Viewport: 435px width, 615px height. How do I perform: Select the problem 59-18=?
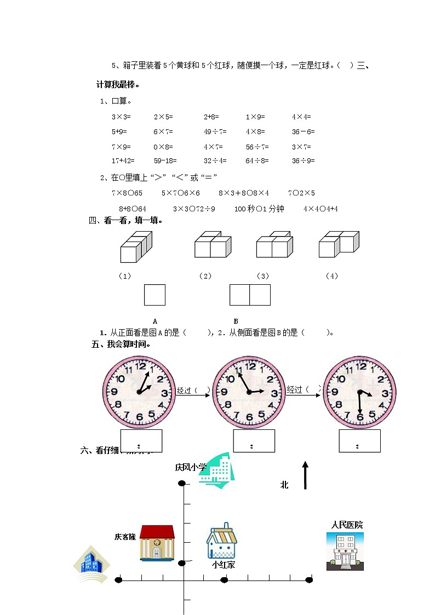(165, 161)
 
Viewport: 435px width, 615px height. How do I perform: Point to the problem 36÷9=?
(303, 161)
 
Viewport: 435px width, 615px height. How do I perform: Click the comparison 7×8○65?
(127, 193)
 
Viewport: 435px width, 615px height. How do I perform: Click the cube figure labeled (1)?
(136, 246)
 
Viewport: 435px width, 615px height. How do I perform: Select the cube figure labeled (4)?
(339, 244)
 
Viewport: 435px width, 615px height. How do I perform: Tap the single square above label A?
(154, 295)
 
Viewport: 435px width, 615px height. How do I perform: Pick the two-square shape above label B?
(250, 295)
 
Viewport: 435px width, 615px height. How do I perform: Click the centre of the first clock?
(139, 392)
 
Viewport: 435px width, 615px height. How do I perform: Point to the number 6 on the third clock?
(360, 417)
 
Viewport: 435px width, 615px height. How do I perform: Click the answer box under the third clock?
(359, 441)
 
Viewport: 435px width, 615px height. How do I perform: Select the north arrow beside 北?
(305, 475)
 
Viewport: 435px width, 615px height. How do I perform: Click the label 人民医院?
(346, 525)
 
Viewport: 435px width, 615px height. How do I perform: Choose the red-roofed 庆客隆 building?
(157, 543)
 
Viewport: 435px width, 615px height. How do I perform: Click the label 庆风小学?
(191, 467)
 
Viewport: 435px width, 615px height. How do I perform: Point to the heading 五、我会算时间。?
(121, 345)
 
